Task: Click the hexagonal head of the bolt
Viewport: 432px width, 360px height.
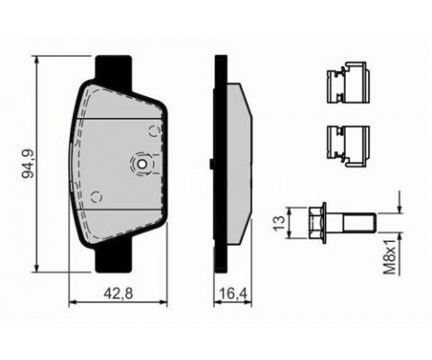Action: [x=318, y=219]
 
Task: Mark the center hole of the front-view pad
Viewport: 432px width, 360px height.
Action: [x=142, y=164]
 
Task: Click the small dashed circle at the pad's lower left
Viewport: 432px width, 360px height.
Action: [x=94, y=193]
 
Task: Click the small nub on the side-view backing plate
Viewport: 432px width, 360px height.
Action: [x=211, y=164]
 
